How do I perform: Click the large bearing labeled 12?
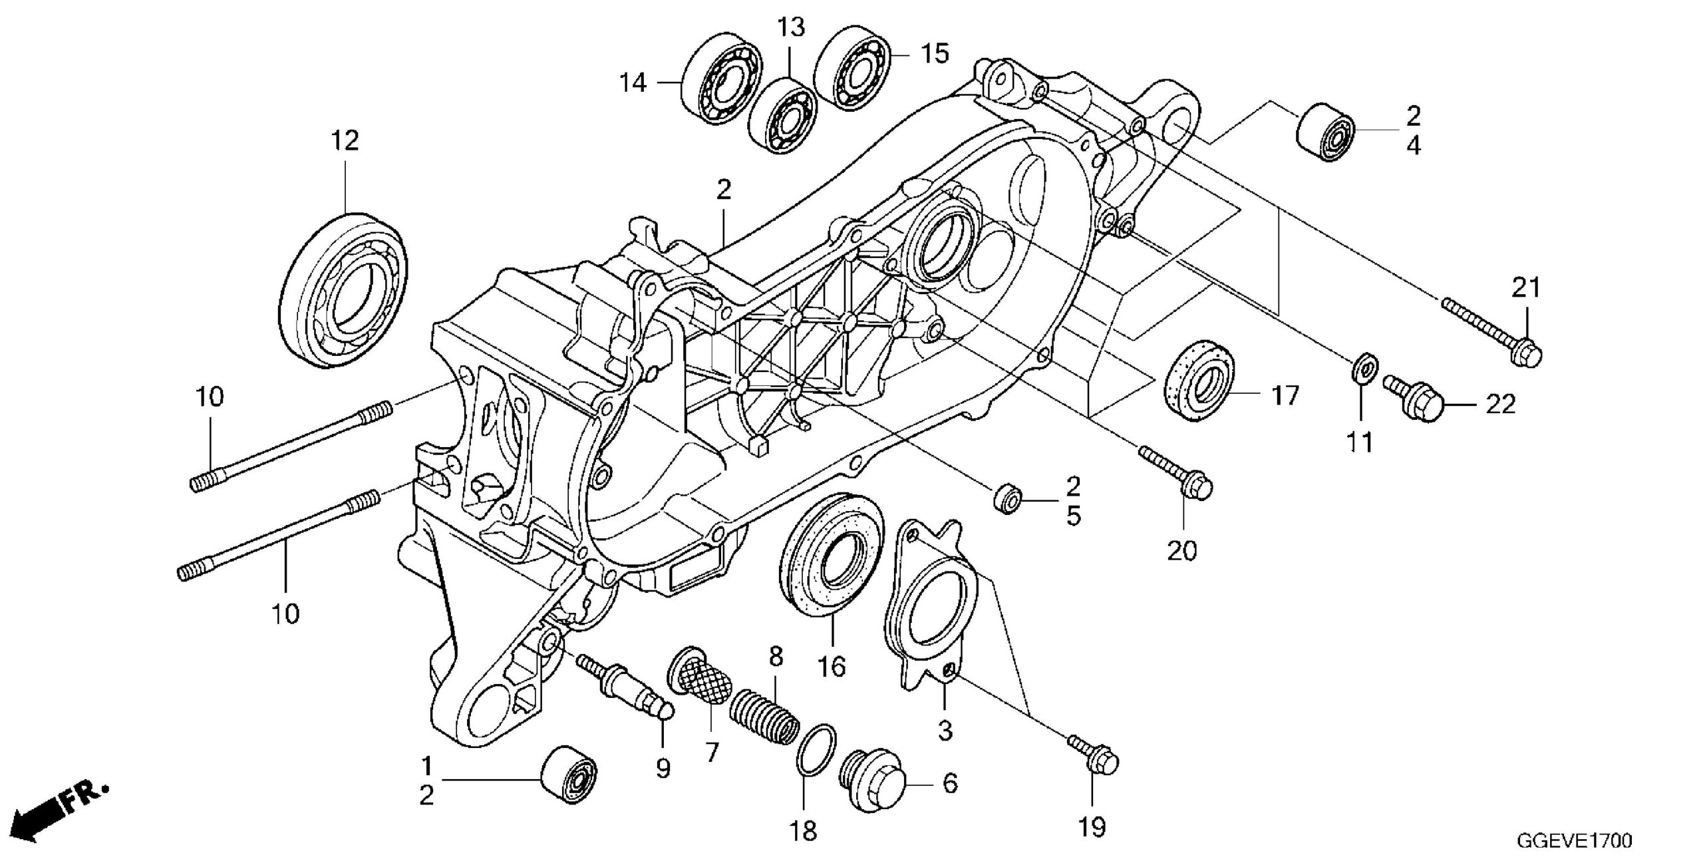pyautogui.click(x=346, y=291)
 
